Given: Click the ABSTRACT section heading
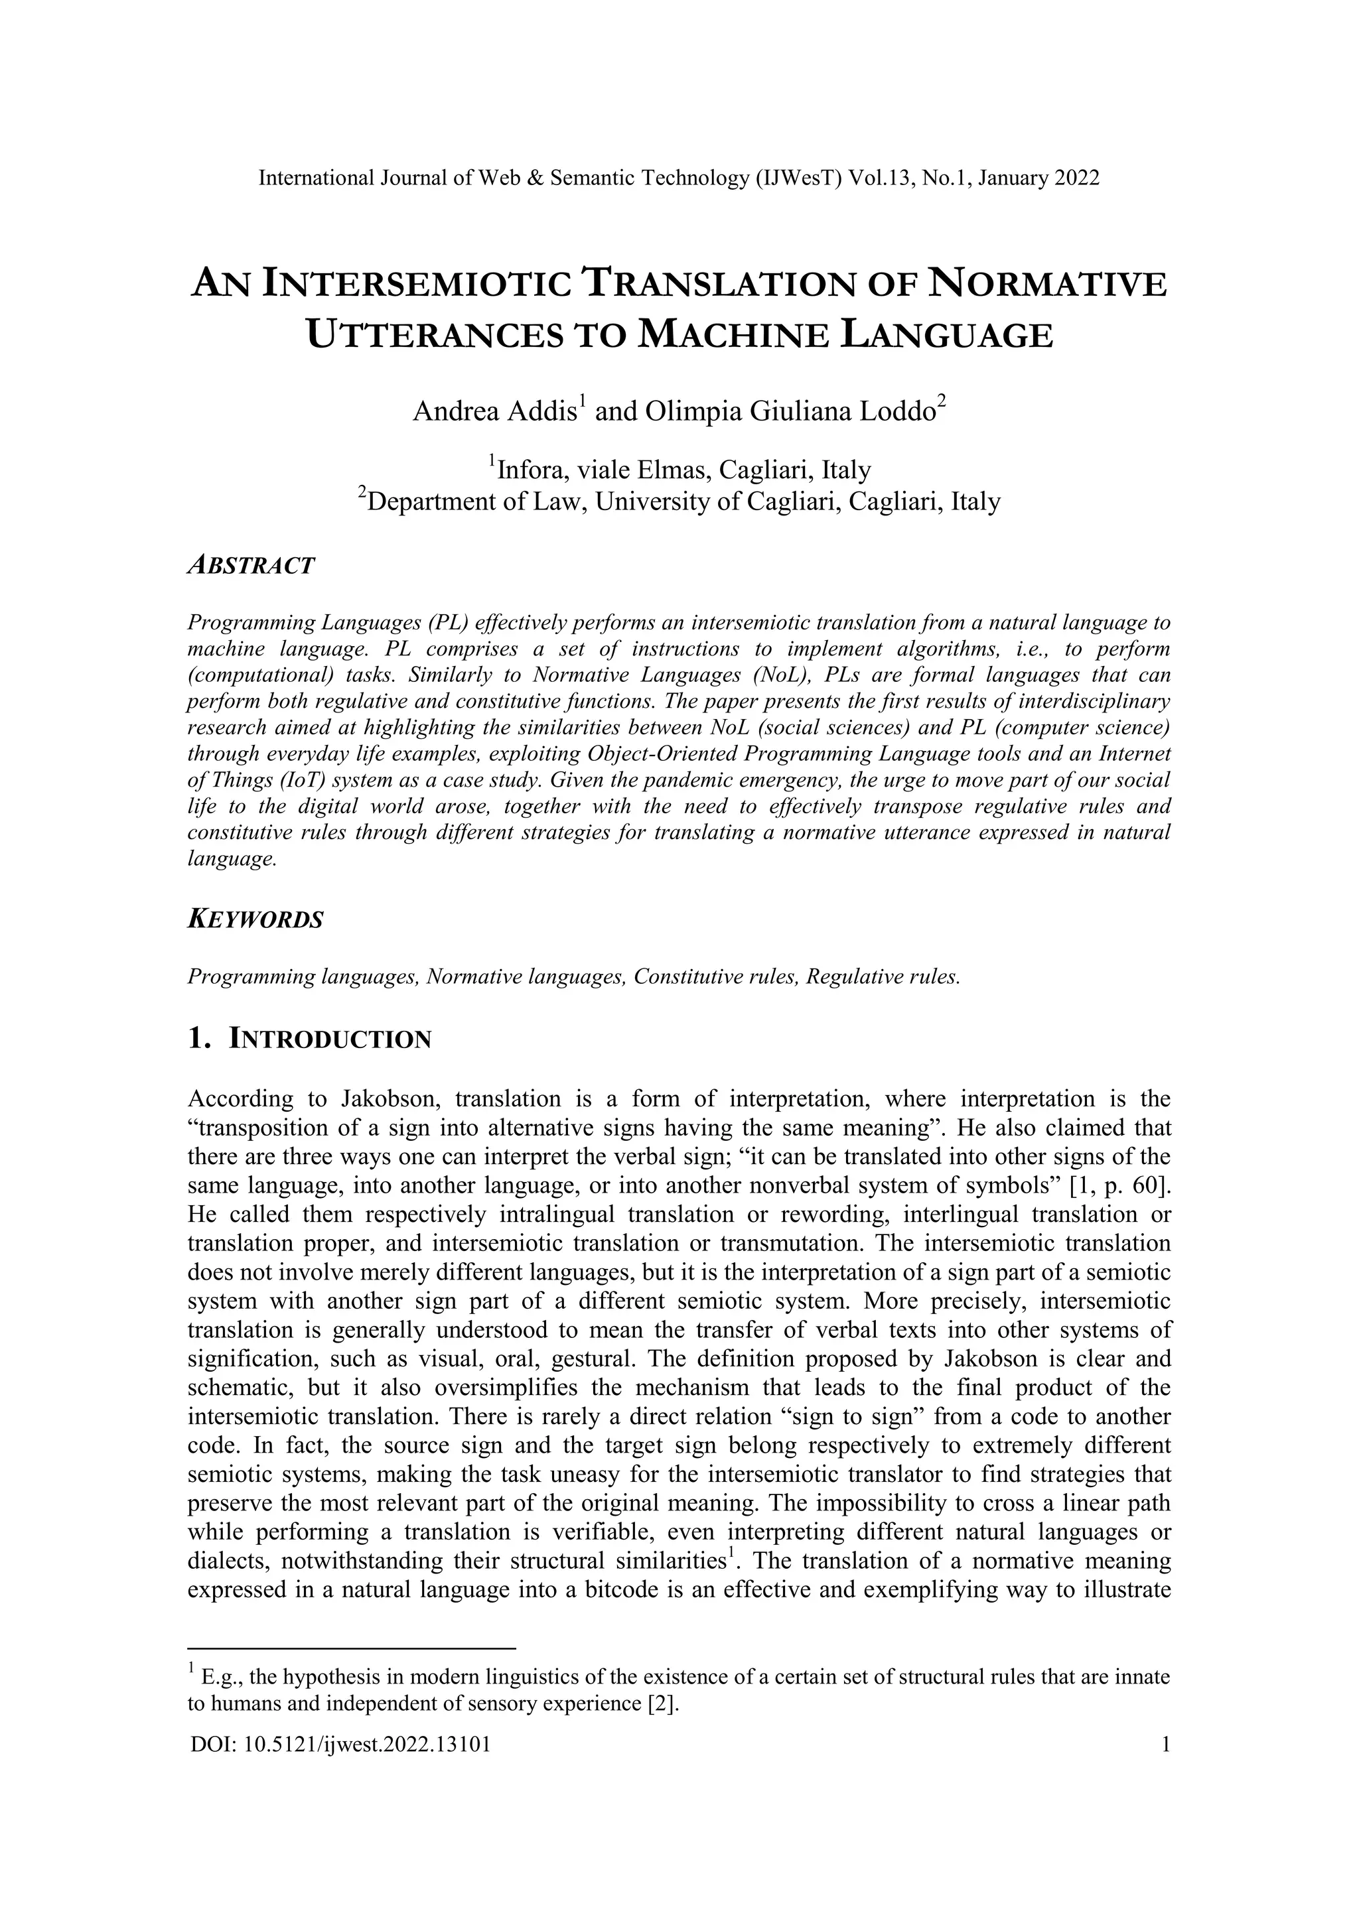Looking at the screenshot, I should (x=251, y=566).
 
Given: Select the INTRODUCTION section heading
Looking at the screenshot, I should (x=330, y=1040).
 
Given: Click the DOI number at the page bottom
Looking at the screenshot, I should (x=340, y=1745).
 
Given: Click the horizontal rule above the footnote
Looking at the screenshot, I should (x=352, y=1648).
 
